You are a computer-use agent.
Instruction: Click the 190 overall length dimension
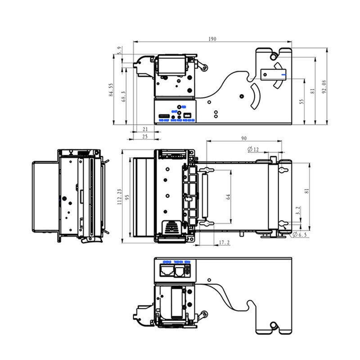click(x=212, y=39)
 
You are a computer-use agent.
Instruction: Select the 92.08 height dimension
click(x=324, y=86)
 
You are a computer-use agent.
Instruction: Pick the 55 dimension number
click(x=302, y=102)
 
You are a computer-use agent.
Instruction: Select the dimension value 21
click(x=145, y=130)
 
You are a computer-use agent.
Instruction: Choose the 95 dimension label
click(x=127, y=197)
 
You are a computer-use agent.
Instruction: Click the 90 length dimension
click(x=244, y=138)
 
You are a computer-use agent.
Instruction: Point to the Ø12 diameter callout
click(x=253, y=149)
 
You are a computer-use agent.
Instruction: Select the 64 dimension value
click(x=228, y=197)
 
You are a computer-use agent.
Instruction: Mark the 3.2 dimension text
click(x=298, y=210)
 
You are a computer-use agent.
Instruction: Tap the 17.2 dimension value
click(x=224, y=243)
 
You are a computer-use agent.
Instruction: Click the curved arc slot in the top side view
click(x=255, y=96)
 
